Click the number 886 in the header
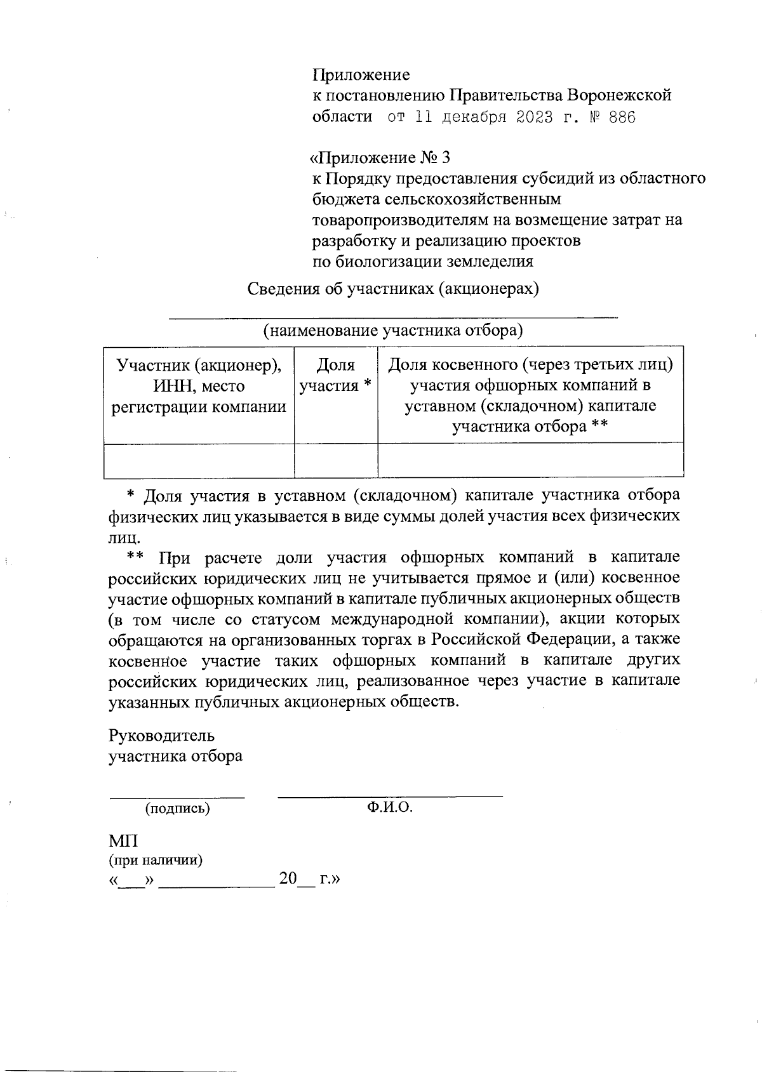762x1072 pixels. (622, 118)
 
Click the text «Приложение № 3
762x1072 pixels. (379, 157)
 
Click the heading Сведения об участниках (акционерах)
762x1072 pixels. (393, 289)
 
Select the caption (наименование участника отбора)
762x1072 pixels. (393, 331)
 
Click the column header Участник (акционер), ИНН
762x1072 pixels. (199, 386)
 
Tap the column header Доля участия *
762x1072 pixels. (335, 375)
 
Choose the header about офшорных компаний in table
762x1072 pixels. (530, 395)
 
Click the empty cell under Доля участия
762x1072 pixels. (335, 460)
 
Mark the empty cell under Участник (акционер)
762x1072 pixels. (199, 460)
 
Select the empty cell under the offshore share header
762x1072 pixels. (530, 460)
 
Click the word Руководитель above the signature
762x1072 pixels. (161, 736)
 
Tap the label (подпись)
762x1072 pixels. (177, 809)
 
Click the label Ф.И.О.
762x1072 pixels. (390, 807)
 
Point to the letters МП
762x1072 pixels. (123, 842)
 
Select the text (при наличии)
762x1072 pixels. (156, 861)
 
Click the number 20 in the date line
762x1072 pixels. (288, 879)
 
